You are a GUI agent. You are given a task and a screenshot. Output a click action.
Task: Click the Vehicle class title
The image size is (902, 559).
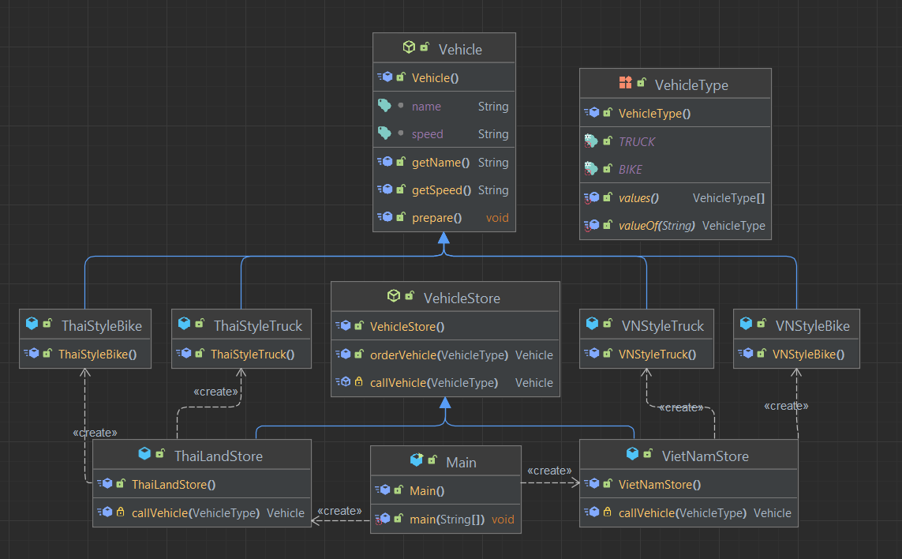coord(459,49)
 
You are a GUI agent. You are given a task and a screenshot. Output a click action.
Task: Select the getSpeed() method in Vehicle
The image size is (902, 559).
coord(441,190)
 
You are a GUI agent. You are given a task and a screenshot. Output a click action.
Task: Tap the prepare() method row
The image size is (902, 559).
coord(436,218)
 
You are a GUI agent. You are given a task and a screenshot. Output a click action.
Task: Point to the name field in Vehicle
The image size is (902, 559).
coord(426,107)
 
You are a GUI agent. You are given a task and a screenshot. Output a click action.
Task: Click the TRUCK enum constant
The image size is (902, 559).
coord(637,142)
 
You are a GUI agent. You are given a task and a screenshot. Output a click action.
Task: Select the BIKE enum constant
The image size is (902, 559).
coord(631,170)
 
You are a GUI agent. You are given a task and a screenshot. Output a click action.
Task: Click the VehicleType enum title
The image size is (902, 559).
coord(691,85)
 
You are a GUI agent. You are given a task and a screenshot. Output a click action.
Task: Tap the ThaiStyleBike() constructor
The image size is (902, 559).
coord(97,355)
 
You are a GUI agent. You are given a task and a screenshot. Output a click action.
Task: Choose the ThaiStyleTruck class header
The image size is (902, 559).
coord(257,325)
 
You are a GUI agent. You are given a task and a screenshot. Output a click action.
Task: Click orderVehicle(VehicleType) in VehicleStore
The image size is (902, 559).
coord(439,355)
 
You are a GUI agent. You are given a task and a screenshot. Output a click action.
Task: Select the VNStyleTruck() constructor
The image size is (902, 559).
coord(657,355)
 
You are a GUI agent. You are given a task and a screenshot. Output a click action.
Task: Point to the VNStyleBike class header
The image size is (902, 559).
coord(812,325)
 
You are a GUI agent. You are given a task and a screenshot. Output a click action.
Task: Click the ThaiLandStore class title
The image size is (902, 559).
coord(218,456)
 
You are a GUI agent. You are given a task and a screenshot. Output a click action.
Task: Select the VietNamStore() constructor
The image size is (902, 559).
coord(659,485)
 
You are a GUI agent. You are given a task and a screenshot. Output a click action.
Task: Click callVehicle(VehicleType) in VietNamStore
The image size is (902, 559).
coord(682,513)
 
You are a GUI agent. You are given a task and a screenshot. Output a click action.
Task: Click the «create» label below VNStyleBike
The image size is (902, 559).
coord(786,406)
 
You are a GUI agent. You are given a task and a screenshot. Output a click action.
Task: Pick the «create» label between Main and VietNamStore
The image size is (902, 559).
coord(548,471)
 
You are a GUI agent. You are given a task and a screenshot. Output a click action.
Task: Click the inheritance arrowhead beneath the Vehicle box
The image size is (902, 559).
coord(444,238)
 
